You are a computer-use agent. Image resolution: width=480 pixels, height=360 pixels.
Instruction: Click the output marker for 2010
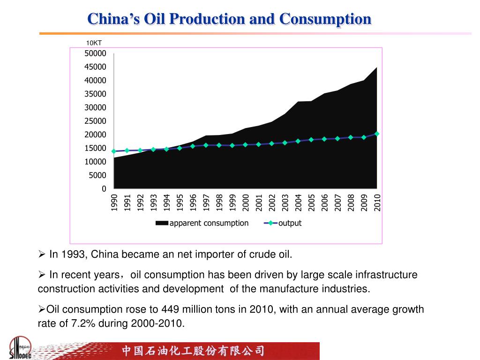click(x=377, y=134)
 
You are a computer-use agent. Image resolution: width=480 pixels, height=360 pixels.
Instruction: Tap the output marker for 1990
click(x=114, y=151)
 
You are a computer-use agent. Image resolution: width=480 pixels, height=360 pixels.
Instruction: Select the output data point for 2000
click(x=245, y=145)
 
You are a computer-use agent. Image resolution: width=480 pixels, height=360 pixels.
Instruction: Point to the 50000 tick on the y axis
click(x=95, y=53)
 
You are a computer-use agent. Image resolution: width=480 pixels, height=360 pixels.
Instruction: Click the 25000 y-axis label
click(x=95, y=121)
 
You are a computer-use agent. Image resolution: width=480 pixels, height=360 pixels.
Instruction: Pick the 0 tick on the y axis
click(x=104, y=188)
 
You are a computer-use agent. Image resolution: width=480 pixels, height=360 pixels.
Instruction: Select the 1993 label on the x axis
click(x=153, y=202)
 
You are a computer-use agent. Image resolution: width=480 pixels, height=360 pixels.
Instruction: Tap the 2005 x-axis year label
click(x=311, y=202)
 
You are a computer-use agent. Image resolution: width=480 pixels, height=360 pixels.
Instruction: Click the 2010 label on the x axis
click(x=377, y=202)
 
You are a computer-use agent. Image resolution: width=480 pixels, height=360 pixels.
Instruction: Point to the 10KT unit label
click(x=94, y=43)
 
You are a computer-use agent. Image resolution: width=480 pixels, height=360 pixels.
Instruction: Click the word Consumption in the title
click(x=325, y=19)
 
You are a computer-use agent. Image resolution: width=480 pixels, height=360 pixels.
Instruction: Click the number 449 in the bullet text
click(x=169, y=309)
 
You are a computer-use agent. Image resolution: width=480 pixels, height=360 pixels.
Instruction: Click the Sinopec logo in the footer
click(x=20, y=348)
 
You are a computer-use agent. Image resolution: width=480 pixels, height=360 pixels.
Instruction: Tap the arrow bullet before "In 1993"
click(x=41, y=255)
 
